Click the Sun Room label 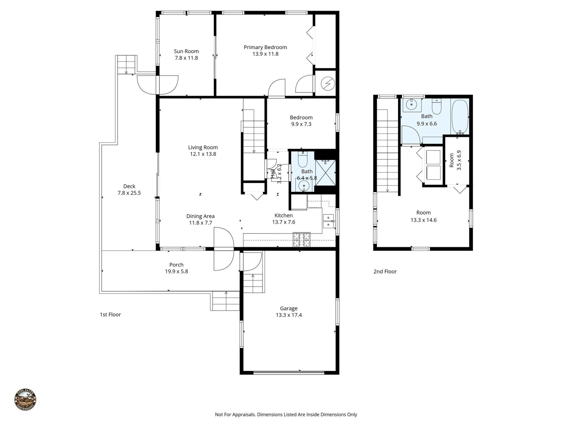[x=186, y=51]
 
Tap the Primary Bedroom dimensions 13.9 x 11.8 [x=265, y=54]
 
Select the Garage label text [x=288, y=308]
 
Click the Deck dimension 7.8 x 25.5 [x=129, y=193]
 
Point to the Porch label [x=176, y=265]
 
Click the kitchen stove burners [x=301, y=240]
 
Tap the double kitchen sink [x=328, y=221]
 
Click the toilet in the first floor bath [x=303, y=160]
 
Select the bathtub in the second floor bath [x=460, y=117]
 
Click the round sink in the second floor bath [x=411, y=105]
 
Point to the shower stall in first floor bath [x=325, y=172]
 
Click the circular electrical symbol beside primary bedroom [x=328, y=83]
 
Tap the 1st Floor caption [x=110, y=314]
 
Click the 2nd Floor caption [x=385, y=271]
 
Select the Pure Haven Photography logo [x=25, y=400]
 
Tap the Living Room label [x=203, y=147]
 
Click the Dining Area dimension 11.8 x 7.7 [x=200, y=223]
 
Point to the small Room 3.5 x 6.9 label [x=452, y=160]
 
